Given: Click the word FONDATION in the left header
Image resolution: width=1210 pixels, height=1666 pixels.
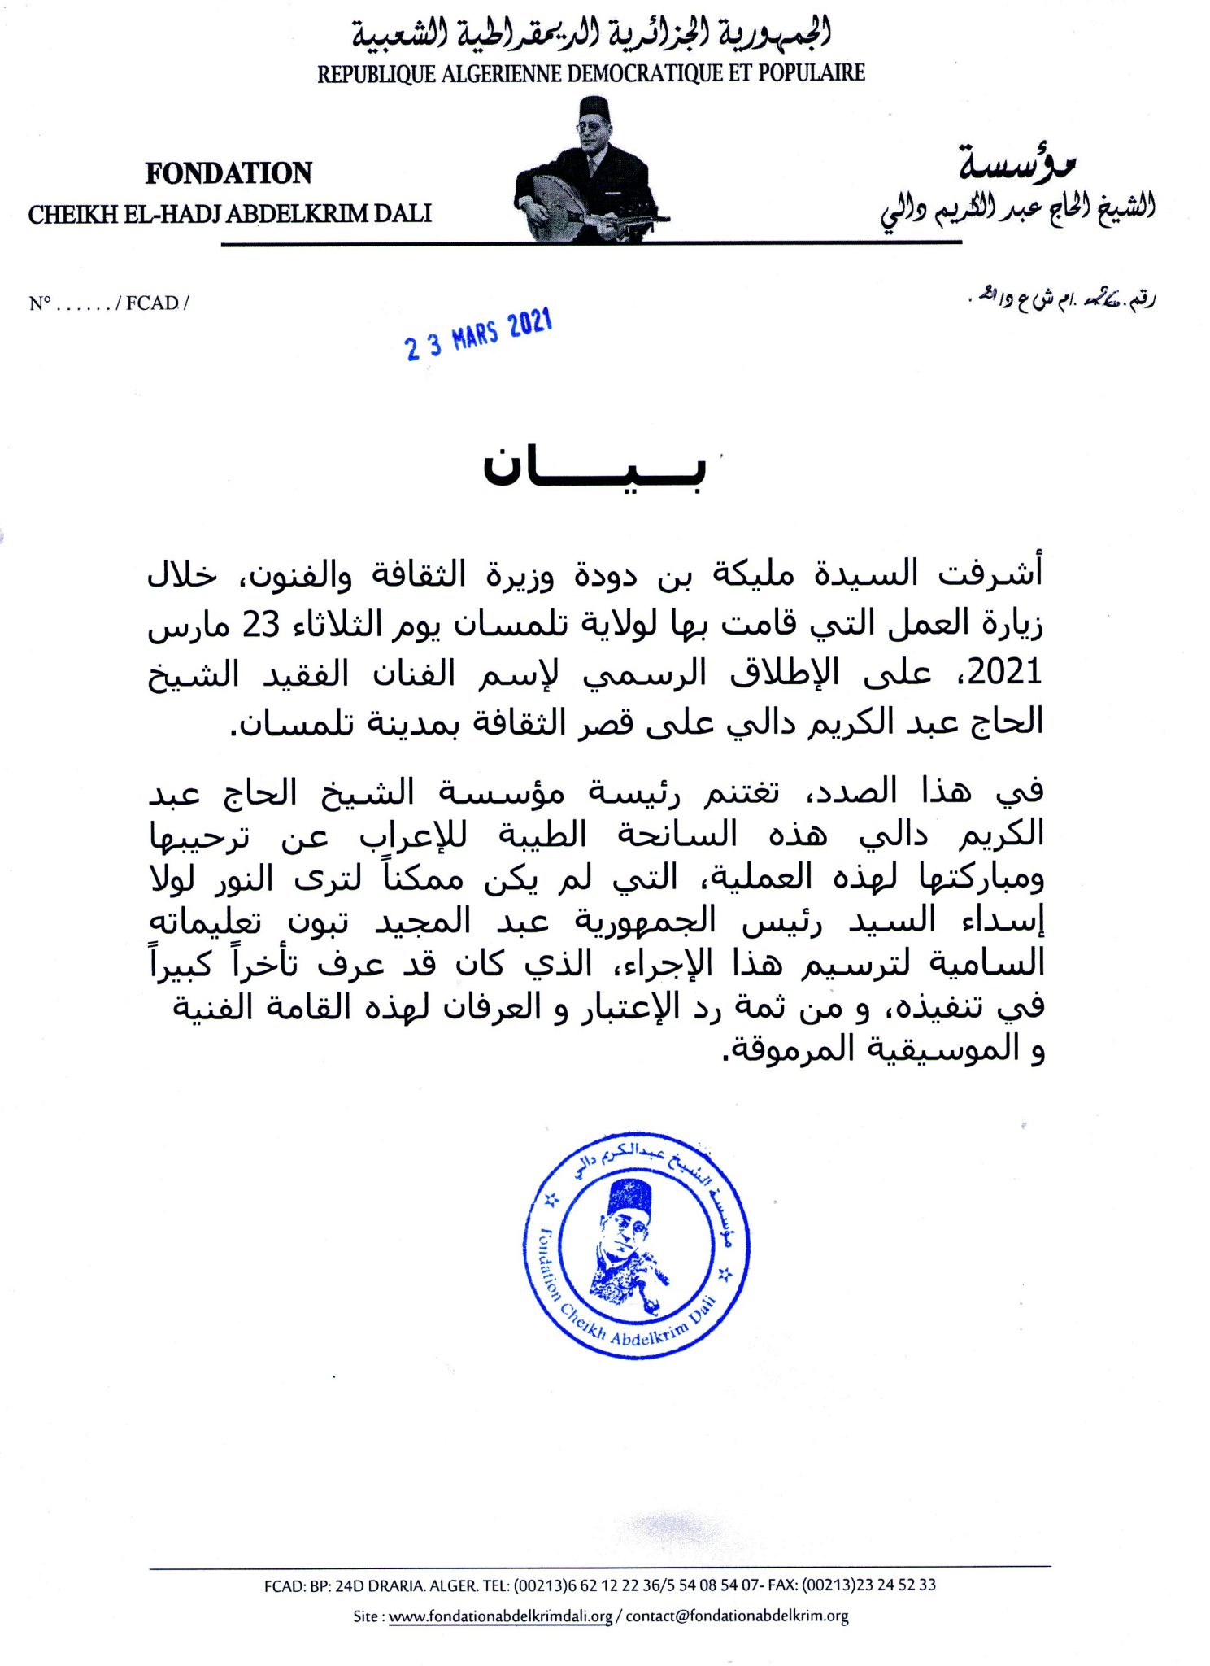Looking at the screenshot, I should pyautogui.click(x=229, y=173).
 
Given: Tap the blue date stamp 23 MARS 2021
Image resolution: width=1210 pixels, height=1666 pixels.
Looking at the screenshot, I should pyautogui.click(x=479, y=334).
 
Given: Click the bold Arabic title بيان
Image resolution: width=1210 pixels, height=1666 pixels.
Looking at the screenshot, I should pyautogui.click(x=594, y=470).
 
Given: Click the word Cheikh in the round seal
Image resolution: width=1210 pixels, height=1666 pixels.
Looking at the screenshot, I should pyautogui.click(x=583, y=1324).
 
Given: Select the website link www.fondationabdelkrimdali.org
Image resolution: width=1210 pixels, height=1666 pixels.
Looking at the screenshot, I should pyautogui.click(x=500, y=1616).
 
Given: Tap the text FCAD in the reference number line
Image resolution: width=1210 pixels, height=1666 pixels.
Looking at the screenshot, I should pyautogui.click(x=152, y=303).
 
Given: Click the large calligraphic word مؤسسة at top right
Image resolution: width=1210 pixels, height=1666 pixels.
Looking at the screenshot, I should pyautogui.click(x=1016, y=165).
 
